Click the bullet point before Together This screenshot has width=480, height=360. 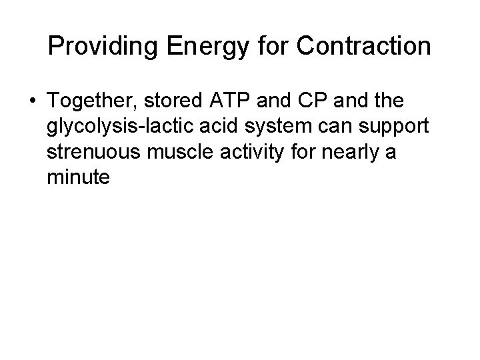[31, 102]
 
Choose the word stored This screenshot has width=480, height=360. [169, 102]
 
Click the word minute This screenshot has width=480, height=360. [77, 179]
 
